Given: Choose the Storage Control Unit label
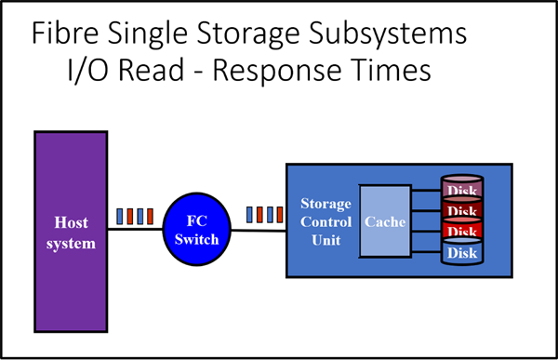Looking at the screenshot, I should [325, 221].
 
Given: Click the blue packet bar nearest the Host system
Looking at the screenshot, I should [119, 216].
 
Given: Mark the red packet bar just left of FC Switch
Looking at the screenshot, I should [149, 216].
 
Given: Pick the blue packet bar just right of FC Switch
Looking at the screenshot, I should [248, 215].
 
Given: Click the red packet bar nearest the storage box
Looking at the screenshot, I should [278, 215].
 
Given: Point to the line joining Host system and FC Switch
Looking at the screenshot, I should [130, 231].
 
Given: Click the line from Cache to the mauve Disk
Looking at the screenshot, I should [425, 193].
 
